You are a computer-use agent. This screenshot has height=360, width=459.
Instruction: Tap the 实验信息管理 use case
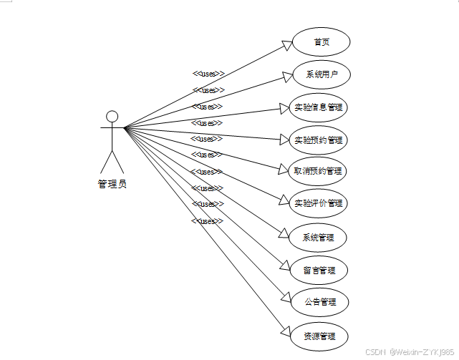click(x=318, y=108)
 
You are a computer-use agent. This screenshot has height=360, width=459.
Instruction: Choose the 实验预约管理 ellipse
click(x=318, y=140)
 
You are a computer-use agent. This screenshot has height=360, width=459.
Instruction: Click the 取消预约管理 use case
click(x=318, y=171)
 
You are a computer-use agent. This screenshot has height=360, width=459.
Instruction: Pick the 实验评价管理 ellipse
click(x=318, y=203)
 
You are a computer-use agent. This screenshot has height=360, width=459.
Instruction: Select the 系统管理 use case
click(x=318, y=237)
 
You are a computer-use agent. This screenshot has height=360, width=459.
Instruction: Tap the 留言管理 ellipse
click(x=318, y=271)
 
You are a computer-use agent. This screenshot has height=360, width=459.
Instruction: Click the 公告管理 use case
click(x=318, y=302)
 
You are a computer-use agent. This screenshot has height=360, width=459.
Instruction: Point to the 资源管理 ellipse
click(x=318, y=336)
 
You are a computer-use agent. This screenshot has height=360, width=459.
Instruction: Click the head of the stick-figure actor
click(x=112, y=117)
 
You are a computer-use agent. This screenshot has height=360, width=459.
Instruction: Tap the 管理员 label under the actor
click(x=112, y=184)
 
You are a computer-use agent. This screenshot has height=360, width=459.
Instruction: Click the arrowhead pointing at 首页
click(x=288, y=46)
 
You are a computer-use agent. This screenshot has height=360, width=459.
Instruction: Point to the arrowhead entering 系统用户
click(x=288, y=77)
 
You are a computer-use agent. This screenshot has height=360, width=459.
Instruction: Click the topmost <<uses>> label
click(x=208, y=73)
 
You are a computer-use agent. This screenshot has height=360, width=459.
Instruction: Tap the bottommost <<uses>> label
click(x=208, y=221)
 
